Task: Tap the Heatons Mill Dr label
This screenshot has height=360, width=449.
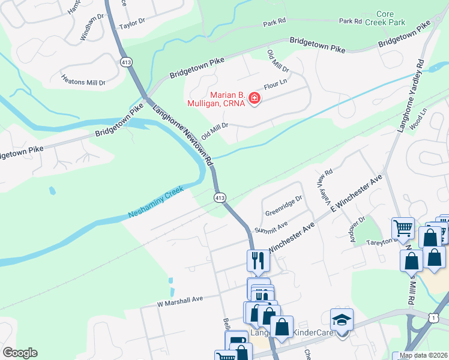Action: pos(84,80)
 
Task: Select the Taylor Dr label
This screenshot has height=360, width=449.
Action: pos(132,26)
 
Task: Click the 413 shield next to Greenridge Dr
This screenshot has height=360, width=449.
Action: pos(220,197)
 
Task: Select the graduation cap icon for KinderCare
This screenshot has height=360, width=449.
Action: pos(342,320)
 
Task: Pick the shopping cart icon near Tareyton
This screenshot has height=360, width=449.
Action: pos(403,229)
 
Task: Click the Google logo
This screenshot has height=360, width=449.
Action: pos(20,353)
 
